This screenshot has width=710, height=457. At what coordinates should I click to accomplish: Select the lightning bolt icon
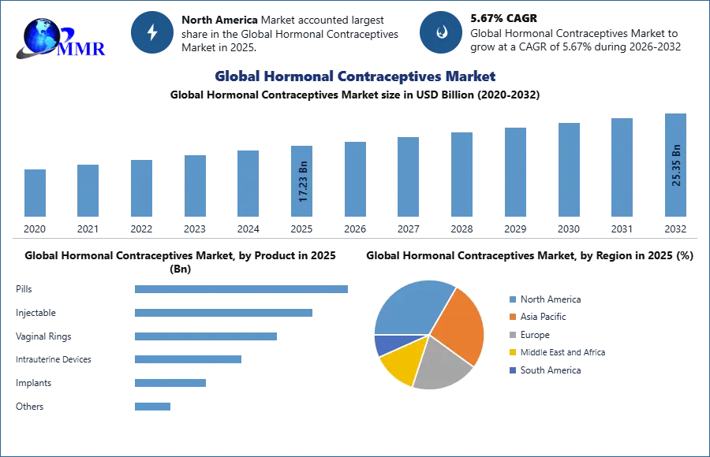coord(153,32)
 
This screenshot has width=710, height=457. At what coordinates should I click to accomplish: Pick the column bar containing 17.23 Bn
coord(303,183)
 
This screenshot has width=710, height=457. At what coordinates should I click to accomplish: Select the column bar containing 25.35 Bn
coord(675,167)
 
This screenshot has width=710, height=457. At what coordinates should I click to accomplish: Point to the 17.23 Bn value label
coord(303,182)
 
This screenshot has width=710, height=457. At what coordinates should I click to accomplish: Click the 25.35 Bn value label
coord(676,164)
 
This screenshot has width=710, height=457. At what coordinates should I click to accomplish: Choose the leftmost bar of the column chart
coord(35,192)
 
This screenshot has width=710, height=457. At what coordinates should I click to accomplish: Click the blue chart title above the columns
coord(357,76)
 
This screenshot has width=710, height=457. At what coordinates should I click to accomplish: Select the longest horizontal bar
coord(242,290)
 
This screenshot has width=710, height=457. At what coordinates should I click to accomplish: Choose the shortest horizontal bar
coord(151,407)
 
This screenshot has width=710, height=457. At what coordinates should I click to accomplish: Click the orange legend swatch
coord(512,317)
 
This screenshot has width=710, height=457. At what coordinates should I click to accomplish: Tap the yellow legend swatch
coord(512,352)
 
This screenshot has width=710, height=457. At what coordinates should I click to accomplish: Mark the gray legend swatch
coord(512,335)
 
